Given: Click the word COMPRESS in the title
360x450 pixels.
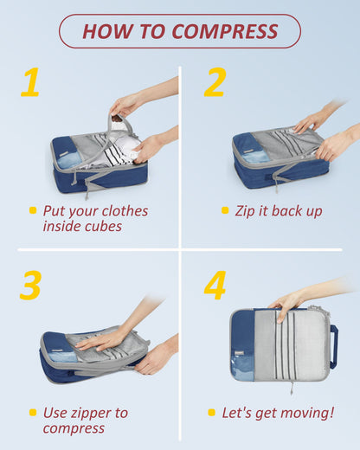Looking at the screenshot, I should (x=225, y=32).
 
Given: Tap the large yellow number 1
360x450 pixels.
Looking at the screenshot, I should (x=31, y=83).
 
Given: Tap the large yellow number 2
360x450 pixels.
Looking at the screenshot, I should (x=215, y=83).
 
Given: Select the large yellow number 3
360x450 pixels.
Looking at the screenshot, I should (x=30, y=286).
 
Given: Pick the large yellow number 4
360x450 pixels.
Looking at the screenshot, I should (x=215, y=286).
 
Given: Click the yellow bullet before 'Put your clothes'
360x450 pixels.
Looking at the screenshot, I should (x=33, y=210).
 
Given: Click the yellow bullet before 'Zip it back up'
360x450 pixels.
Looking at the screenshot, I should (x=225, y=210).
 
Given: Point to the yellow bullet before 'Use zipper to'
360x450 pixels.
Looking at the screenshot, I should (x=33, y=412).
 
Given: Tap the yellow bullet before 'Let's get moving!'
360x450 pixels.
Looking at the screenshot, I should (x=212, y=412).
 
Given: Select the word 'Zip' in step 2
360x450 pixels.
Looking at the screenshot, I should (x=247, y=210).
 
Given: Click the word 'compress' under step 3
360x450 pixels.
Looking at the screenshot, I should (x=74, y=427).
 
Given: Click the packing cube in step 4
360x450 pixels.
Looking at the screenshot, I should (x=277, y=344).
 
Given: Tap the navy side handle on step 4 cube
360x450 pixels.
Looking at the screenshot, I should (x=333, y=346).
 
